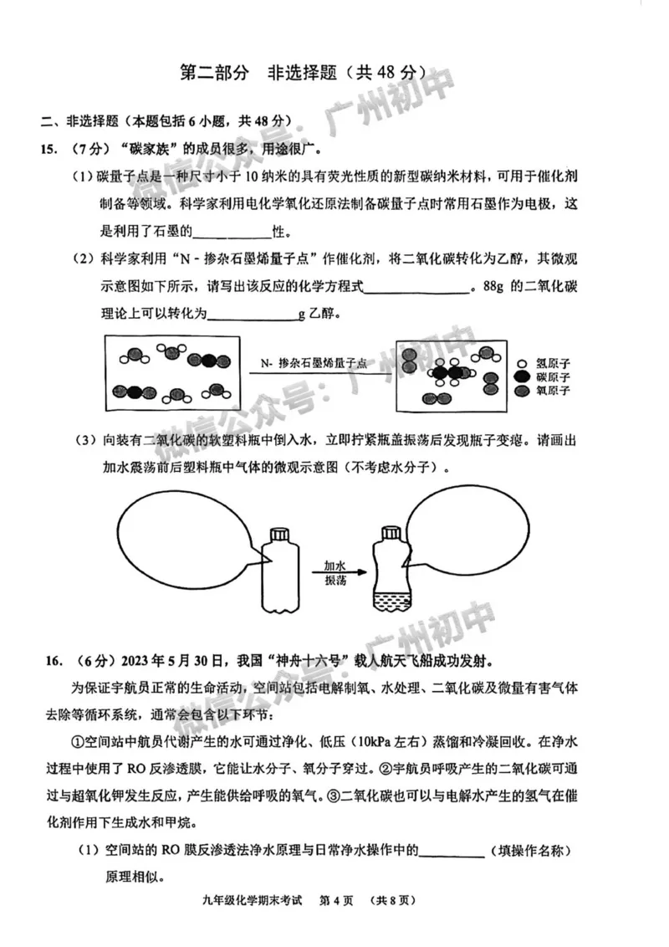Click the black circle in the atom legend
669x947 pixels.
[522, 378]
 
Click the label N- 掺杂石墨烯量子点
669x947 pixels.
[314, 364]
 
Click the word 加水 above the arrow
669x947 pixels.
[336, 563]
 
